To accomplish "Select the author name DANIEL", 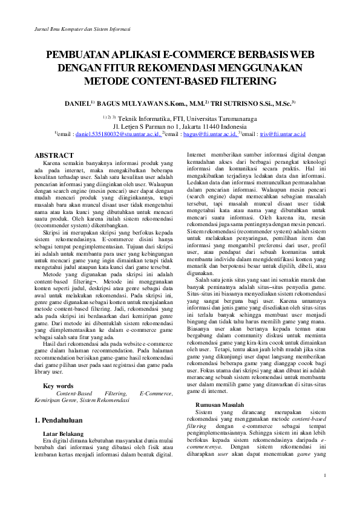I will click(77, 104).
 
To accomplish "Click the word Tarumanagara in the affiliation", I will click(235, 118).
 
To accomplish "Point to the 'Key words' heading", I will click(58, 386).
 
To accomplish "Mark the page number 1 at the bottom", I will click(324, 474).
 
